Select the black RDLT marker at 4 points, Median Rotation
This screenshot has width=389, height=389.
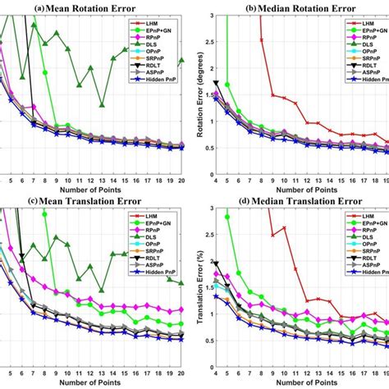pos(216,83)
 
